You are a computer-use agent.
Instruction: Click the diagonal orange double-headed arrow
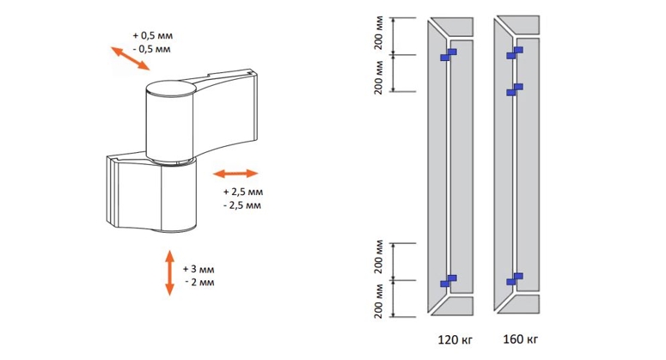click(131, 58)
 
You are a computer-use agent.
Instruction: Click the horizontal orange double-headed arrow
click(235, 174)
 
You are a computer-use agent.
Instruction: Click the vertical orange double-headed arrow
click(169, 273)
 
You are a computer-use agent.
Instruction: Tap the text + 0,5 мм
click(152, 36)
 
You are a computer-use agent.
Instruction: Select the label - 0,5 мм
click(151, 49)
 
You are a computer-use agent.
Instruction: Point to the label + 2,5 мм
click(243, 192)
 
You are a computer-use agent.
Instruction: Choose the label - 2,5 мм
click(242, 205)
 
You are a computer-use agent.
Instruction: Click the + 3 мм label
click(199, 269)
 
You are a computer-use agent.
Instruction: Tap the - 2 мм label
click(199, 283)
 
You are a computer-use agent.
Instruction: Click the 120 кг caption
click(455, 340)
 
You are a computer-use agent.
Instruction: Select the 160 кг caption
click(521, 339)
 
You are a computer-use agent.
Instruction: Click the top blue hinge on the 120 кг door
click(448, 55)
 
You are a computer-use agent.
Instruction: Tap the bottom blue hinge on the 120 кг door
click(448, 281)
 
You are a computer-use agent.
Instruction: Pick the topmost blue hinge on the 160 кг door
click(515, 53)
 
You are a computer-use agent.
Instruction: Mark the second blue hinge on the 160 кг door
click(515, 89)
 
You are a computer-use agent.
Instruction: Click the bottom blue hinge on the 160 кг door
click(515, 279)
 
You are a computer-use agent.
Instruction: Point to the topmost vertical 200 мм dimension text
click(379, 34)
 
